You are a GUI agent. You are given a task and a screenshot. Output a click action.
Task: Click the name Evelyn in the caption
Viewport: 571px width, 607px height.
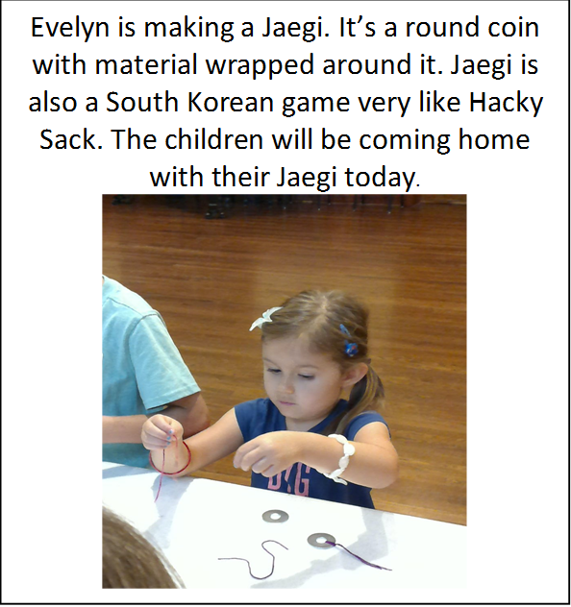70,28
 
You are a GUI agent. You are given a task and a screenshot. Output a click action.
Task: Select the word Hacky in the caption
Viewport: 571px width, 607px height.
506,104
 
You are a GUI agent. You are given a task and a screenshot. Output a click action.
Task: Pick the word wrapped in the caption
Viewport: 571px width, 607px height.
260,66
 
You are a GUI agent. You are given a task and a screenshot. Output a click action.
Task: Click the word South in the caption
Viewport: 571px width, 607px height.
141,102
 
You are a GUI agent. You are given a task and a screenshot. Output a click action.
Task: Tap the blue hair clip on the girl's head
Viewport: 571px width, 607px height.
348,341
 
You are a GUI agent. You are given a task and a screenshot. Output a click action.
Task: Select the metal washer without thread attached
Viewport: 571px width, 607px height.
275,516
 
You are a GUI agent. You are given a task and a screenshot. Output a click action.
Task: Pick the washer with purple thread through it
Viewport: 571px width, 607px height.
321,541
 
